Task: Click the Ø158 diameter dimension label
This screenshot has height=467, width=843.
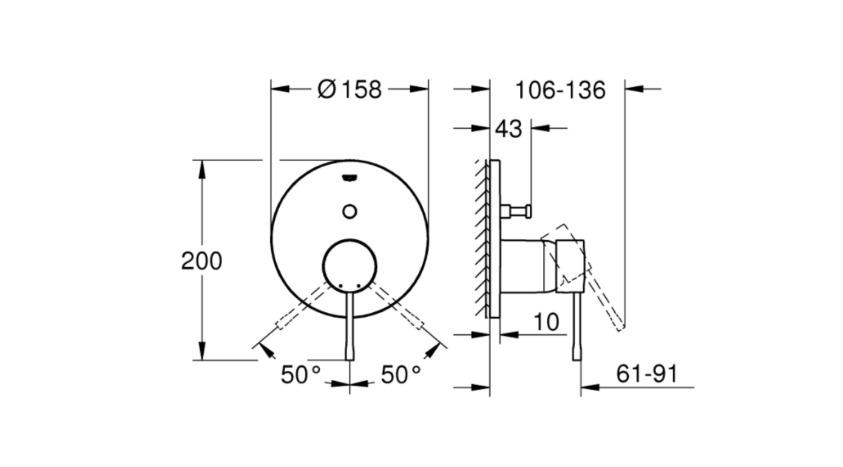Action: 349,89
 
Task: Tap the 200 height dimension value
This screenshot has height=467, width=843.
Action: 202,261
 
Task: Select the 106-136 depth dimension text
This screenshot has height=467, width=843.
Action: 560,90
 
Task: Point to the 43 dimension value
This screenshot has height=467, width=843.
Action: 509,129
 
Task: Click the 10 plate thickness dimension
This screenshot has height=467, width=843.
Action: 546,322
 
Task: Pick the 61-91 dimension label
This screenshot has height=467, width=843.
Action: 647,373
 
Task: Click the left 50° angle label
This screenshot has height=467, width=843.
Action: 301,375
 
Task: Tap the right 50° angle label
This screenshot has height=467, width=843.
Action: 401,375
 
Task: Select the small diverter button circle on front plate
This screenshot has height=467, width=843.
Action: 349,211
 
